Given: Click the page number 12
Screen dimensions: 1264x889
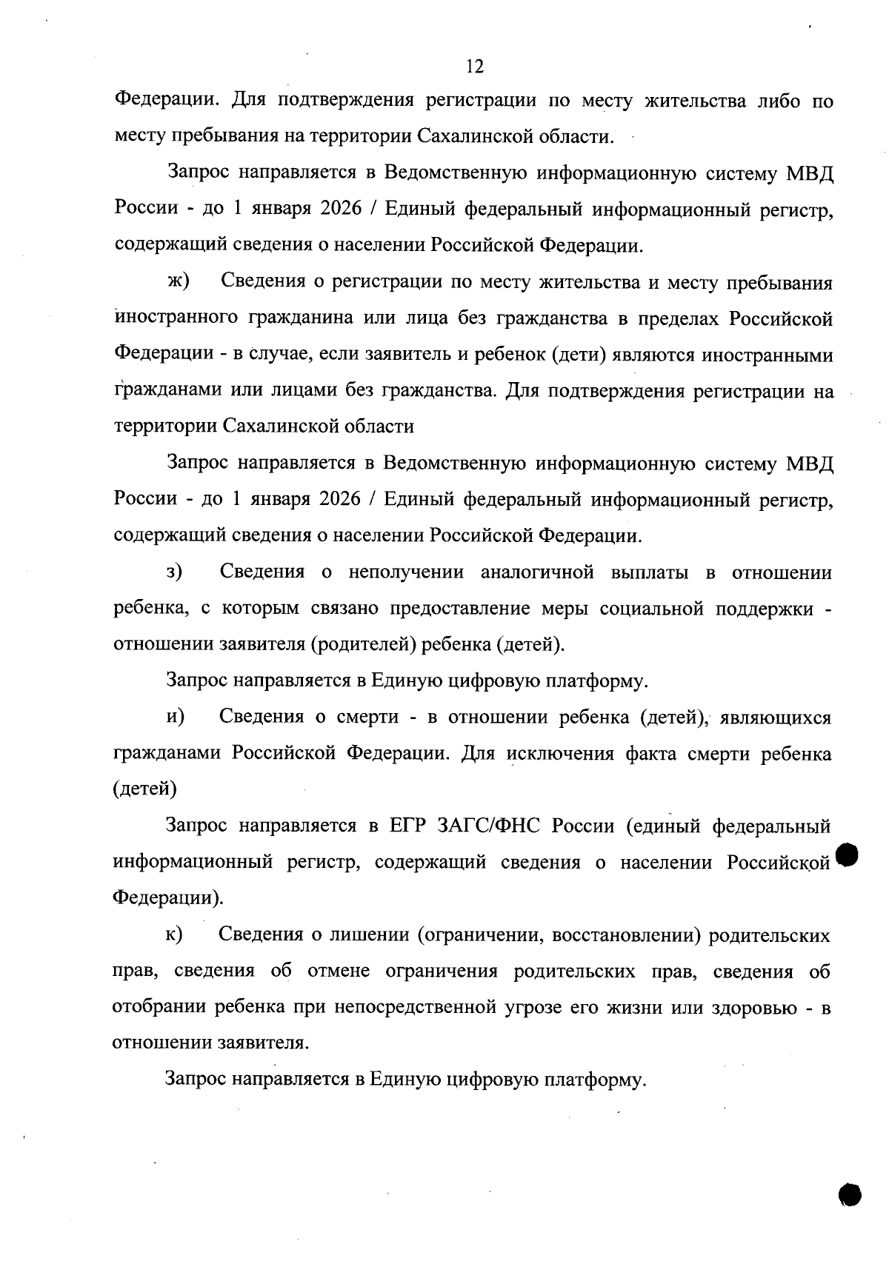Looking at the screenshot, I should [475, 67].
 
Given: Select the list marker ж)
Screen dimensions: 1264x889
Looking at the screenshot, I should [179, 282].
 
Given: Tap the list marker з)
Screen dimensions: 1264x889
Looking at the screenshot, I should [176, 572].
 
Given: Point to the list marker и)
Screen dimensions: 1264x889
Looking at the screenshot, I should [176, 717].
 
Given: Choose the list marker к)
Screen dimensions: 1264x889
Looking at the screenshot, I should [176, 934].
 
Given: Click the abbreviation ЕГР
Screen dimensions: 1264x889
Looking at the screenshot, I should [406, 826].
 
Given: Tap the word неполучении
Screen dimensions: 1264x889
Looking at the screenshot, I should [406, 572].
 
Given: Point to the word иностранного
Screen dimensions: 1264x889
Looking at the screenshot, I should [176, 318].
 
